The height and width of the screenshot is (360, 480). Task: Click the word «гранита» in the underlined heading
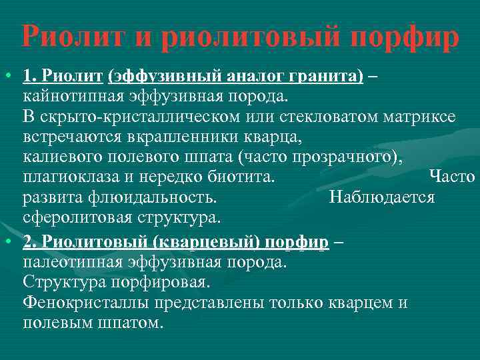pyautogui.click(x=323, y=77)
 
